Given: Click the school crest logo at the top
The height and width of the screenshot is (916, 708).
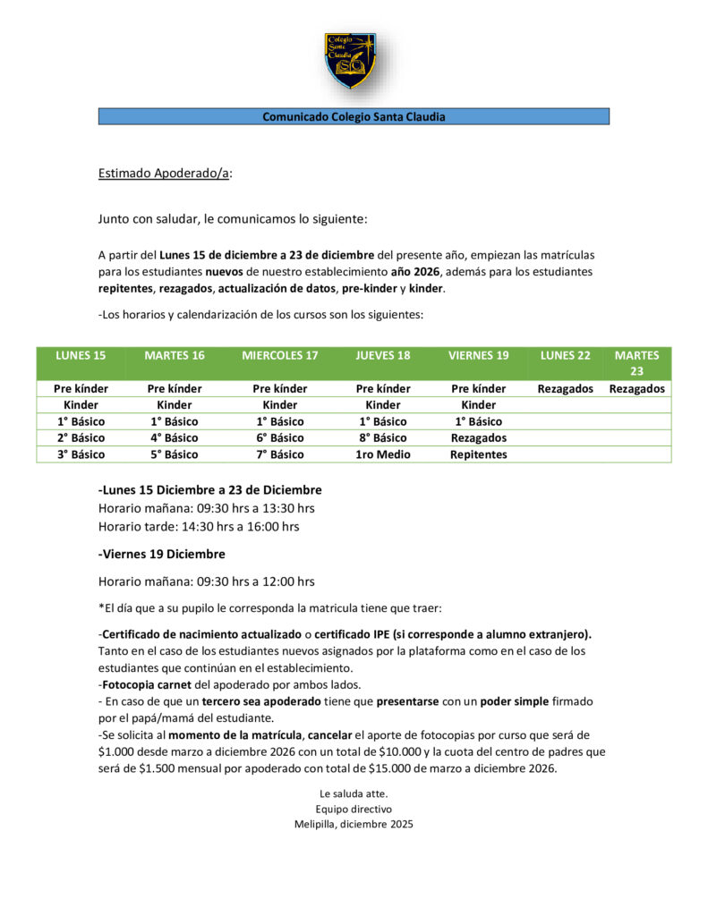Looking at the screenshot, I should (350, 61).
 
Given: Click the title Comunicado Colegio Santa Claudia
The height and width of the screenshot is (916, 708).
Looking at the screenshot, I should (354, 116).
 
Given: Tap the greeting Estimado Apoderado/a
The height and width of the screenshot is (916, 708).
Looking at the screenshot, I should (165, 174).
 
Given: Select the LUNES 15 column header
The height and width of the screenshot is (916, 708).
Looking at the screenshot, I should (81, 355).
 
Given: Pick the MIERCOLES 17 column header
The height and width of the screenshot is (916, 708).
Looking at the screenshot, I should (279, 355).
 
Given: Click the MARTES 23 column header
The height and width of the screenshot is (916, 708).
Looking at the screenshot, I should (636, 362).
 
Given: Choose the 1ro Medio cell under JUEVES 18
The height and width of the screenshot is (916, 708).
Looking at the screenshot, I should (383, 454).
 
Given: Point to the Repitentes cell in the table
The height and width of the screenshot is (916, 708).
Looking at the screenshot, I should (478, 454).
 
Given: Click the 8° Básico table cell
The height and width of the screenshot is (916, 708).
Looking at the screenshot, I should (383, 438).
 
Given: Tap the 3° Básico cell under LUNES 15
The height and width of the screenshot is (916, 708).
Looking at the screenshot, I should (81, 454).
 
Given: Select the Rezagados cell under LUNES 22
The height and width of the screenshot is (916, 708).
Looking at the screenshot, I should (565, 389).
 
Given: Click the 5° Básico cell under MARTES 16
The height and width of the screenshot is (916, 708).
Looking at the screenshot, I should (174, 454).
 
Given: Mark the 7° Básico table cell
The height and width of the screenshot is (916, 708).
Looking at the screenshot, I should (279, 454).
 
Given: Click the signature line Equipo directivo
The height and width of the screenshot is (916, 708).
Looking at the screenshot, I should (354, 809).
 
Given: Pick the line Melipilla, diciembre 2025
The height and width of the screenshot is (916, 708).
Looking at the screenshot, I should (354, 824).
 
